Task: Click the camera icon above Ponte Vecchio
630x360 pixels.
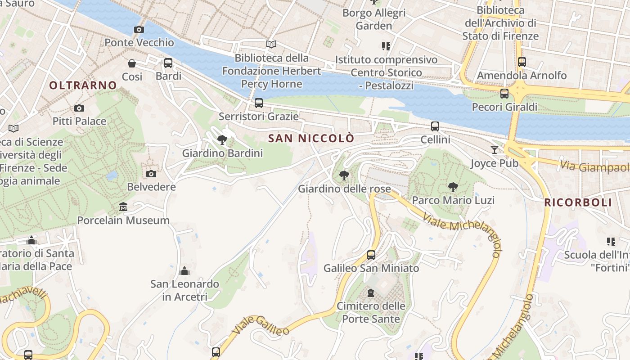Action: click(x=139, y=30)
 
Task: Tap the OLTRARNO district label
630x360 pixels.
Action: click(x=83, y=85)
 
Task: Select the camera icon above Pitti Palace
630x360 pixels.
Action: click(x=79, y=108)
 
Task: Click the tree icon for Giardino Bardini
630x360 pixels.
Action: click(x=222, y=140)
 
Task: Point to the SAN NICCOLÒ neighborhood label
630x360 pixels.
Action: click(x=311, y=138)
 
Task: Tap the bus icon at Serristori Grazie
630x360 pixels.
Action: click(x=258, y=103)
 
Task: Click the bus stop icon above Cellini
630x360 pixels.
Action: click(x=435, y=126)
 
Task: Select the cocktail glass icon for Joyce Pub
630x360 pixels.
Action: click(x=495, y=149)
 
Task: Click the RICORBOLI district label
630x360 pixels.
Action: click(x=578, y=202)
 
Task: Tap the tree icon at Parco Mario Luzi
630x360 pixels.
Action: click(x=453, y=187)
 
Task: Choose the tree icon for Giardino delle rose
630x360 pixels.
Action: click(x=344, y=175)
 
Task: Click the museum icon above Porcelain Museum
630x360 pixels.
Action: click(x=123, y=207)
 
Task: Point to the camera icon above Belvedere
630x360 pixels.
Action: click(x=151, y=174)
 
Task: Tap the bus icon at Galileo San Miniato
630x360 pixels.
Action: click(x=371, y=255)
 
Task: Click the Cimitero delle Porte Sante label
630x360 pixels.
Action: click(x=371, y=312)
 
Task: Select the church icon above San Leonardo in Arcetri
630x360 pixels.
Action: click(x=184, y=271)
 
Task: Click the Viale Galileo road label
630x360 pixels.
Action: click(x=261, y=326)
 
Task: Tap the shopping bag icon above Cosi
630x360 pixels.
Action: click(x=132, y=63)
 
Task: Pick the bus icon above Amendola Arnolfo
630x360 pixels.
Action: click(x=522, y=62)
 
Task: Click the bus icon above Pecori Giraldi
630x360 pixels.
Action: click(x=504, y=94)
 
